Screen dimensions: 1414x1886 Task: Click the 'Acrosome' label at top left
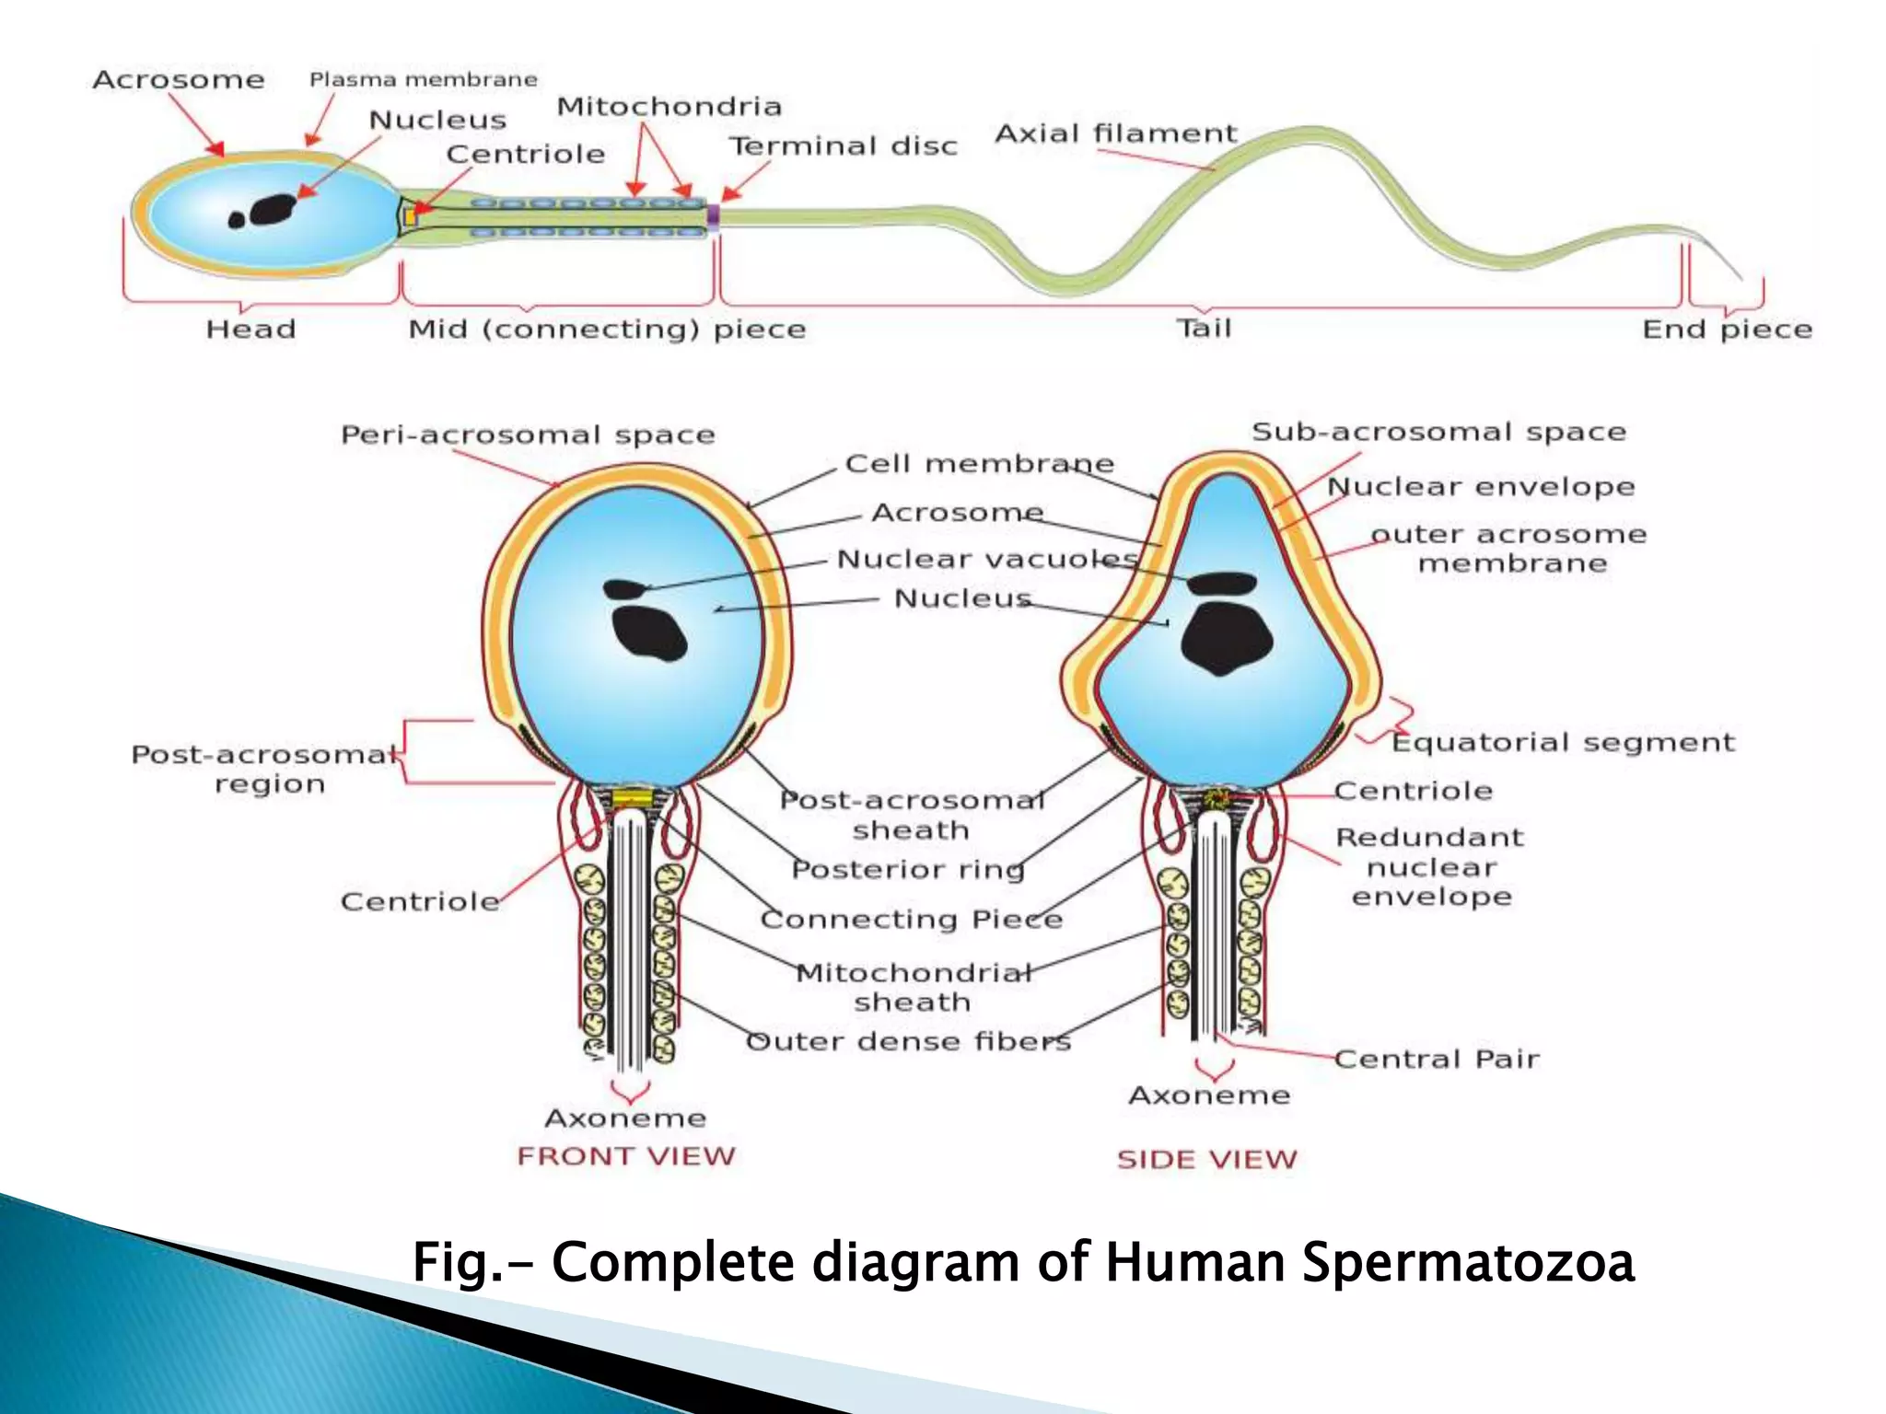tap(178, 80)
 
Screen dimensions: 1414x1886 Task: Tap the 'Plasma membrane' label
tap(423, 80)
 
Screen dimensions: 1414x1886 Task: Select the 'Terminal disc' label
tap(843, 146)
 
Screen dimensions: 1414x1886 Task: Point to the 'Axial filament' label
tap(1115, 134)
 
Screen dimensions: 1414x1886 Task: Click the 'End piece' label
tap(1727, 330)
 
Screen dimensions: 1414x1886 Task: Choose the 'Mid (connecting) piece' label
tap(607, 330)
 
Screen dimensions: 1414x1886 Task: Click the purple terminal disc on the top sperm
tap(713, 216)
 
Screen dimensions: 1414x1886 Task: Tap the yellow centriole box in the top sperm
tap(411, 218)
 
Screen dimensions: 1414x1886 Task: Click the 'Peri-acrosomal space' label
tap(528, 435)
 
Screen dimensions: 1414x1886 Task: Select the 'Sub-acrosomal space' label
tap(1438, 433)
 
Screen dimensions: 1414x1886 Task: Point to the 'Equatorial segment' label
tap(1562, 743)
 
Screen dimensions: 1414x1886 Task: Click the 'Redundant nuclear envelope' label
tap(1430, 867)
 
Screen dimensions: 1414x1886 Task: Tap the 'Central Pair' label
tap(1436, 1060)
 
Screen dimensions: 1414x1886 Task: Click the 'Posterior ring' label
tap(907, 870)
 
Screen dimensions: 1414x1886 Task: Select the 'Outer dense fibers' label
tap(908, 1042)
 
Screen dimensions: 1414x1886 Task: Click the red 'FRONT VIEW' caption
tap(626, 1156)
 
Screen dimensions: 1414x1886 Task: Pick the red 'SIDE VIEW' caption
tap(1206, 1160)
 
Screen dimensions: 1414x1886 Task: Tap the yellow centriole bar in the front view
tap(633, 796)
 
